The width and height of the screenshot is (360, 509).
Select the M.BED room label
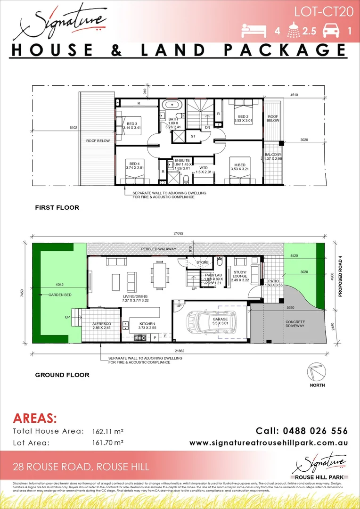[239, 165]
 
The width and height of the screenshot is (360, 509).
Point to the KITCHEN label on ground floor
[147, 324]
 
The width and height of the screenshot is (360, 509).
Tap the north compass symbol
[317, 372]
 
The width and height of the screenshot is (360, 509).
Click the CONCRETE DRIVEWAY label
[295, 324]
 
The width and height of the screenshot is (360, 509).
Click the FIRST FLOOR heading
[57, 207]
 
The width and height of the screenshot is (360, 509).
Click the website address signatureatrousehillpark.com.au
[269, 443]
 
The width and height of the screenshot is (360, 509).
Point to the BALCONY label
[272, 155]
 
